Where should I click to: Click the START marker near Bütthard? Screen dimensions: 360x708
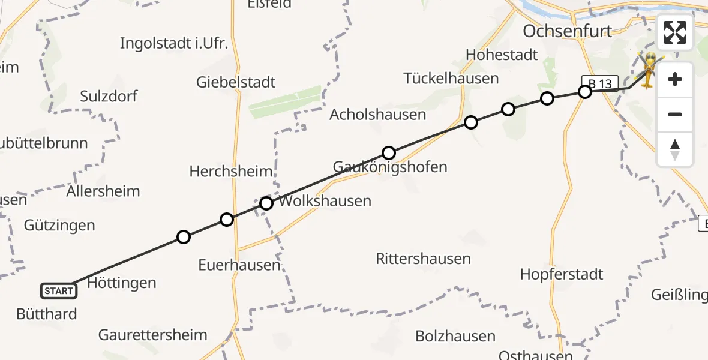(x=59, y=291)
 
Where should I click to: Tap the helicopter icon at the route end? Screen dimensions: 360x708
(x=649, y=71)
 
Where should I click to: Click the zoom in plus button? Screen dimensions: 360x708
(x=675, y=79)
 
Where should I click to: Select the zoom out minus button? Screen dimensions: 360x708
(x=675, y=114)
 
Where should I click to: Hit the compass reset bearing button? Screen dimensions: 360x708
(x=675, y=149)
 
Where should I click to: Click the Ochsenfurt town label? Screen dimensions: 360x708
(x=567, y=31)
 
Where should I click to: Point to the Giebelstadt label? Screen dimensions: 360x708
(x=236, y=82)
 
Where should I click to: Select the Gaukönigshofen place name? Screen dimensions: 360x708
(x=390, y=167)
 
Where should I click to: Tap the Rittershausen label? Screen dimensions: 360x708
(x=423, y=259)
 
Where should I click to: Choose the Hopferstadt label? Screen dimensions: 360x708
(x=561, y=274)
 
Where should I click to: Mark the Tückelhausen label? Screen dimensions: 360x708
(x=451, y=78)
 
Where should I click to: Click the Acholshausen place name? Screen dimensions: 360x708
(x=378, y=115)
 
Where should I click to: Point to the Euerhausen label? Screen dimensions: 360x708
(x=239, y=265)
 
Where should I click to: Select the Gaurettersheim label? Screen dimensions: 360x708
(x=153, y=335)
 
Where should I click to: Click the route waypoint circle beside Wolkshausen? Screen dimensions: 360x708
(x=266, y=203)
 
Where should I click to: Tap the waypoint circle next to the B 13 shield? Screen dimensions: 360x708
(x=584, y=92)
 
